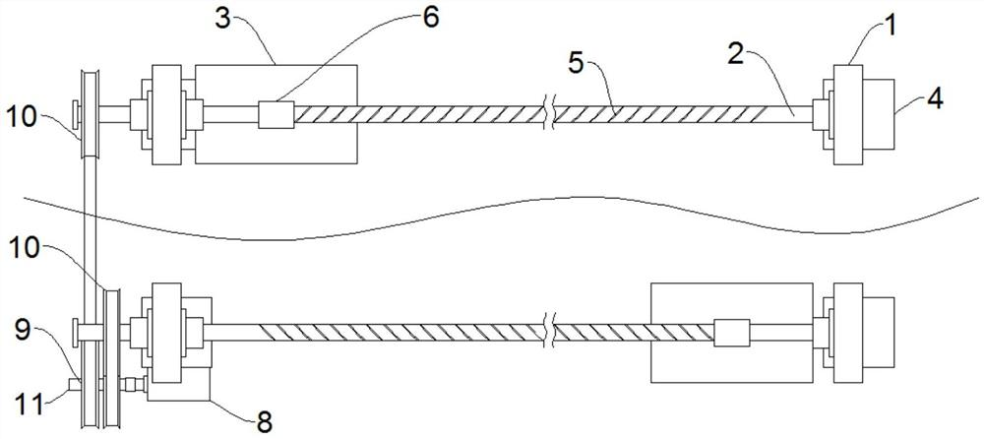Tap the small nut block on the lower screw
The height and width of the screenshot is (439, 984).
(x=730, y=333)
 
